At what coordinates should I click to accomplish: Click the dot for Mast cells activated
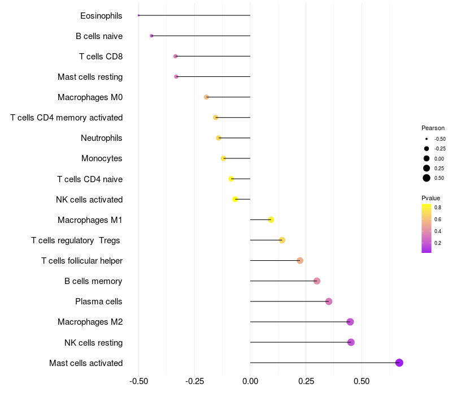coord(399,363)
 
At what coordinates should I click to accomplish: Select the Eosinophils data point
coord(138,15)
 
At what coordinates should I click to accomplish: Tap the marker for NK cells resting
coord(351,342)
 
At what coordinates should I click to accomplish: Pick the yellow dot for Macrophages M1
coord(271,219)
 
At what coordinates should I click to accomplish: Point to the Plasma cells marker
coord(329,302)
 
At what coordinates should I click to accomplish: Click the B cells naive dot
coord(151,36)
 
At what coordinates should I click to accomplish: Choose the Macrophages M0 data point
coord(207,97)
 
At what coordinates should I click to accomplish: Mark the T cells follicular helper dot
coord(300,260)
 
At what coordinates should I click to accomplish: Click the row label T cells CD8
coord(101,57)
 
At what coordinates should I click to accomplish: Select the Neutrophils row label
coord(102,138)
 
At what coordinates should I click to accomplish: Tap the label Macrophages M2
coord(90,322)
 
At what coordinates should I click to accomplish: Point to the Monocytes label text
coord(102,158)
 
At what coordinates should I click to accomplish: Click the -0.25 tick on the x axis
coord(194,381)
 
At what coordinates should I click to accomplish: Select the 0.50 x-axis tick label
coord(362,381)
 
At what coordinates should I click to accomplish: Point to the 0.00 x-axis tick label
coord(250,381)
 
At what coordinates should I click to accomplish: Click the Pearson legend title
coord(433,128)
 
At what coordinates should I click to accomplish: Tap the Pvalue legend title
coord(431,198)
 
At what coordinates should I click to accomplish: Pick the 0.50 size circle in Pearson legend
coord(427,178)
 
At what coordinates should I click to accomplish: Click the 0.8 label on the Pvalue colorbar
coord(438,208)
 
